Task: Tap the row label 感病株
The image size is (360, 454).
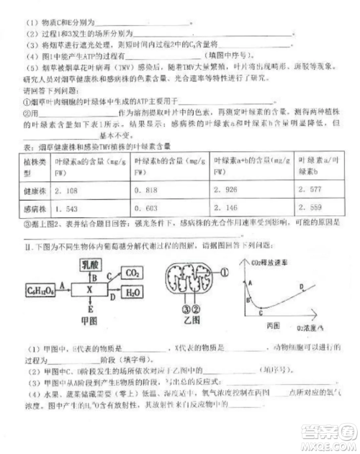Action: (x=32, y=208)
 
